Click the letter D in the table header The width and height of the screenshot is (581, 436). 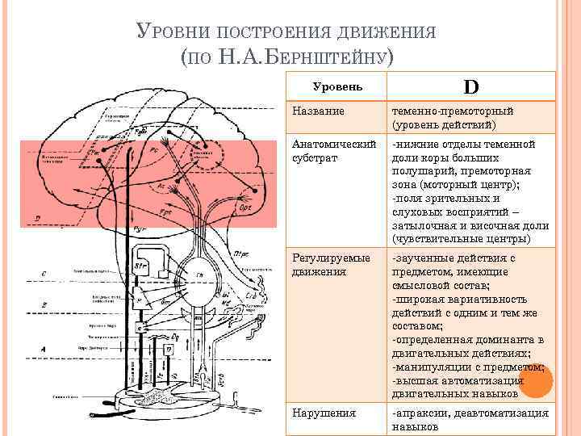pyautogui.click(x=470, y=86)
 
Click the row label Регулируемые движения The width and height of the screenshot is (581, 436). pyautogui.click(x=332, y=265)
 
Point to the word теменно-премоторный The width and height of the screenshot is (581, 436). pyautogui.click(x=453, y=111)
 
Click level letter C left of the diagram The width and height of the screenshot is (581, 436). pyautogui.click(x=43, y=275)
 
